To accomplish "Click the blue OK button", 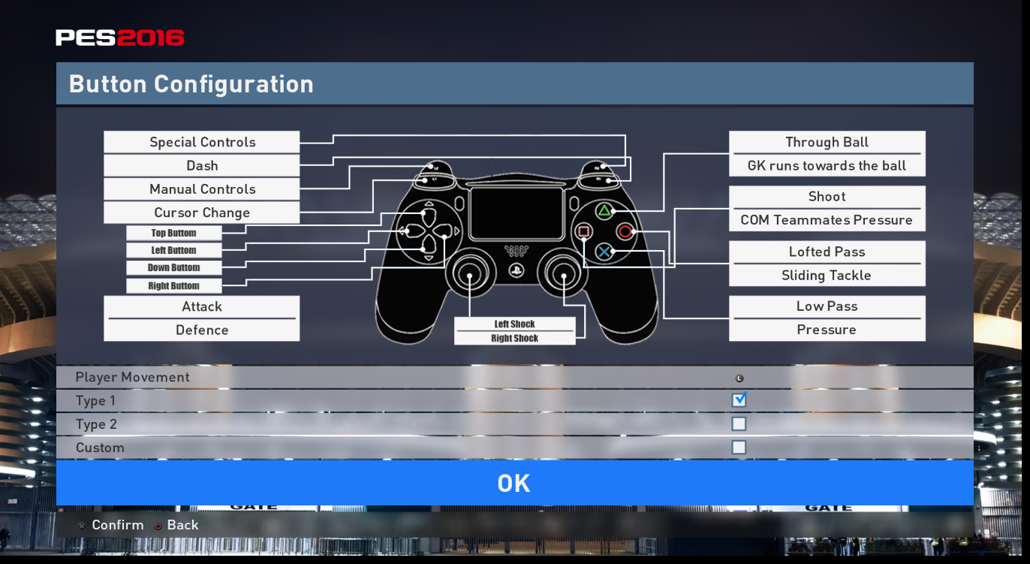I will (x=514, y=483).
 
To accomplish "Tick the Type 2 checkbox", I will (x=739, y=424).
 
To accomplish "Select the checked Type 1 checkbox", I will (x=739, y=400).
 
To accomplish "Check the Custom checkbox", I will (x=739, y=448).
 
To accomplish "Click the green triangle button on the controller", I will (x=604, y=211).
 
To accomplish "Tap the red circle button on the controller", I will (x=625, y=231).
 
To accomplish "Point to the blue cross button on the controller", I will (x=604, y=252).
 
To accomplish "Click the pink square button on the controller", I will (x=584, y=231).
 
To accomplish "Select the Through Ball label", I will (x=827, y=143).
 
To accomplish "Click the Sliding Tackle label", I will (x=827, y=276).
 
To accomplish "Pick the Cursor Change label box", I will (x=201, y=213).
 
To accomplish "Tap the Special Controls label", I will (x=201, y=143).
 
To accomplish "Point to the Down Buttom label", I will (x=173, y=268).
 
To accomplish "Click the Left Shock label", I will (x=514, y=324).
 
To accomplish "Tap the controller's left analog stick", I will (x=470, y=276).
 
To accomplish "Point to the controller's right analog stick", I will (x=564, y=276).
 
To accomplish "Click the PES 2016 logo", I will (x=120, y=38).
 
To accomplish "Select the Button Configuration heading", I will (x=191, y=84).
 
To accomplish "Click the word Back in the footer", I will (x=182, y=525).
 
